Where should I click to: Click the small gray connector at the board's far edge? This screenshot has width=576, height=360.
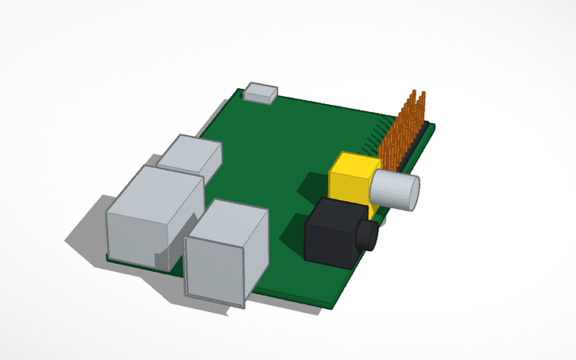[261, 92]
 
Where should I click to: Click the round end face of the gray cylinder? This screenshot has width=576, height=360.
[412, 193]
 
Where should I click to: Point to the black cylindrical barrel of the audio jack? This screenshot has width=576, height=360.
[366, 235]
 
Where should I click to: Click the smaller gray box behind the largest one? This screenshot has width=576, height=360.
[191, 154]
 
